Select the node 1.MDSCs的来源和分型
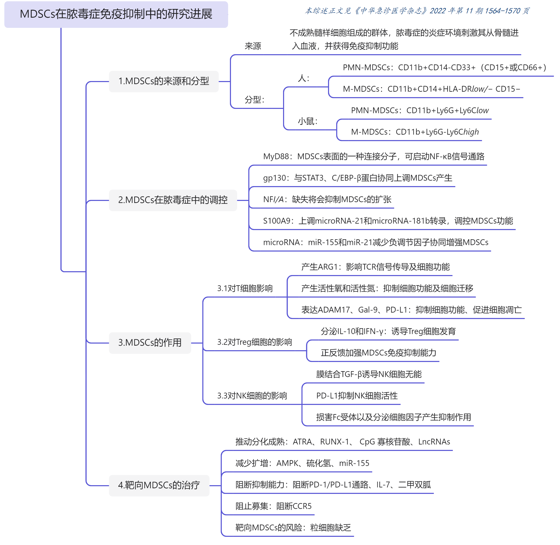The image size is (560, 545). (164, 81)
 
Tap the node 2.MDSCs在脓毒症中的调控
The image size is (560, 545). (173, 200)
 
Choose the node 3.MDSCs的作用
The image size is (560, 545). (150, 343)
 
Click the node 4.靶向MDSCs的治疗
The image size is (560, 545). (159, 485)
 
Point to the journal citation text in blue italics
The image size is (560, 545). (417, 11)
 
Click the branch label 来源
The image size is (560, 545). (253, 46)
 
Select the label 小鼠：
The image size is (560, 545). (308, 121)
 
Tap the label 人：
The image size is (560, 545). (304, 78)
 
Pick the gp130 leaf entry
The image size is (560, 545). (357, 178)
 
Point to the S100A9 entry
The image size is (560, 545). (388, 221)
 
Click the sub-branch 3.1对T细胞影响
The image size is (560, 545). (245, 288)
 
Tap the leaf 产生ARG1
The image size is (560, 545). (375, 267)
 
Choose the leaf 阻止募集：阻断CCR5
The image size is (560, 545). (273, 506)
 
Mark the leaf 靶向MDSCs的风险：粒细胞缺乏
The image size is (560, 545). (293, 528)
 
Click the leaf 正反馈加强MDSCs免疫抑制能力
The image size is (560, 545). (378, 353)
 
